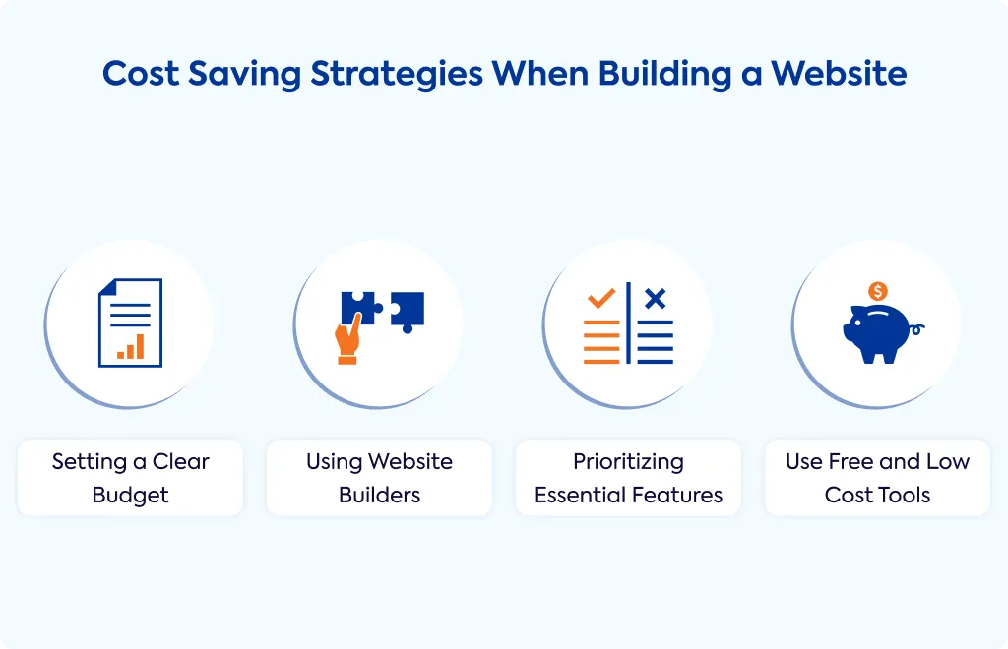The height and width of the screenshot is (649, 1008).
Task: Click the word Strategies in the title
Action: click(x=397, y=75)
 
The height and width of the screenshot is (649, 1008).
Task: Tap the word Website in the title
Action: click(x=839, y=73)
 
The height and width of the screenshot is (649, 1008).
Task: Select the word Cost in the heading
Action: click(x=140, y=73)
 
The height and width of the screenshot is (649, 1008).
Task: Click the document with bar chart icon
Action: click(x=131, y=323)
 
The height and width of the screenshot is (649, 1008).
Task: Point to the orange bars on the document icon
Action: click(x=131, y=347)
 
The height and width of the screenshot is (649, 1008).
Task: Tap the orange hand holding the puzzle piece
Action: click(x=347, y=339)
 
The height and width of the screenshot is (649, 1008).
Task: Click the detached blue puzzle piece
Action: click(x=408, y=311)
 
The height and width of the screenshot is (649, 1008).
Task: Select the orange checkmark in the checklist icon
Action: click(x=601, y=298)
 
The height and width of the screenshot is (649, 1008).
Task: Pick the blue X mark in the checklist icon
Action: click(x=655, y=299)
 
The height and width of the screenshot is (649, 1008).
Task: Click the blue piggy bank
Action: click(x=878, y=333)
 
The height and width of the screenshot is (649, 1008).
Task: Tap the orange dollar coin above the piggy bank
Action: click(x=878, y=291)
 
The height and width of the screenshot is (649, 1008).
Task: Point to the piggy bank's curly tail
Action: click(x=917, y=330)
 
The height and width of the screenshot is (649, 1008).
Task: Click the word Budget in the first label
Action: click(x=131, y=496)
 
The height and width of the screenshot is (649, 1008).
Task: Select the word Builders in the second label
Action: click(x=379, y=495)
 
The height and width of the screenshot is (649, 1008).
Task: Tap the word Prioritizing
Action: click(x=628, y=462)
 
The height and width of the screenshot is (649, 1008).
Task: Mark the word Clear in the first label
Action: click(x=181, y=461)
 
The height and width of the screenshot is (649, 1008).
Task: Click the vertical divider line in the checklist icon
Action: click(x=629, y=323)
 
